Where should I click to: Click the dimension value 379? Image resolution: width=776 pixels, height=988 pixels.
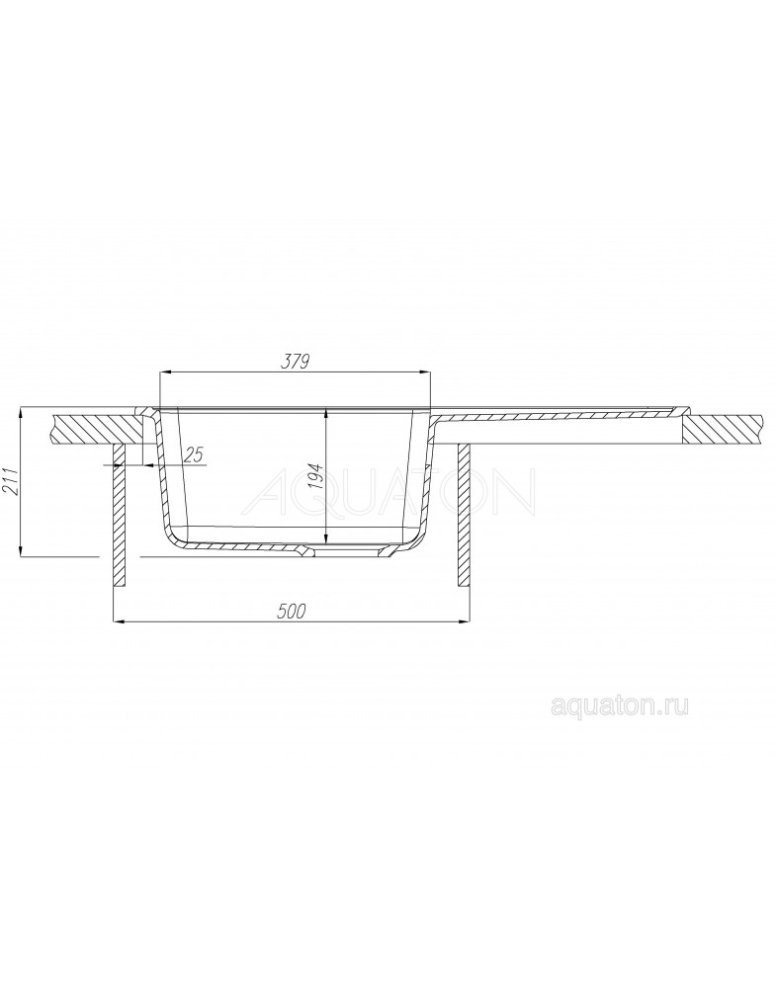tap(295, 362)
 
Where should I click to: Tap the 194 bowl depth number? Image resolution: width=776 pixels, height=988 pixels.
tap(316, 476)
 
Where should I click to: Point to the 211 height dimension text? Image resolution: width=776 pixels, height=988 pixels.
tap(11, 483)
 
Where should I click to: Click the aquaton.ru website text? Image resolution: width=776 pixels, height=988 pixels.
tap(620, 706)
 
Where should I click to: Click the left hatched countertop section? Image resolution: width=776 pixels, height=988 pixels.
tap(99, 429)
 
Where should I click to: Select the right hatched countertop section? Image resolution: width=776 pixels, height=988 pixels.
tap(729, 429)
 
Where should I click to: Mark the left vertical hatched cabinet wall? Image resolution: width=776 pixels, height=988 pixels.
tap(120, 516)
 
